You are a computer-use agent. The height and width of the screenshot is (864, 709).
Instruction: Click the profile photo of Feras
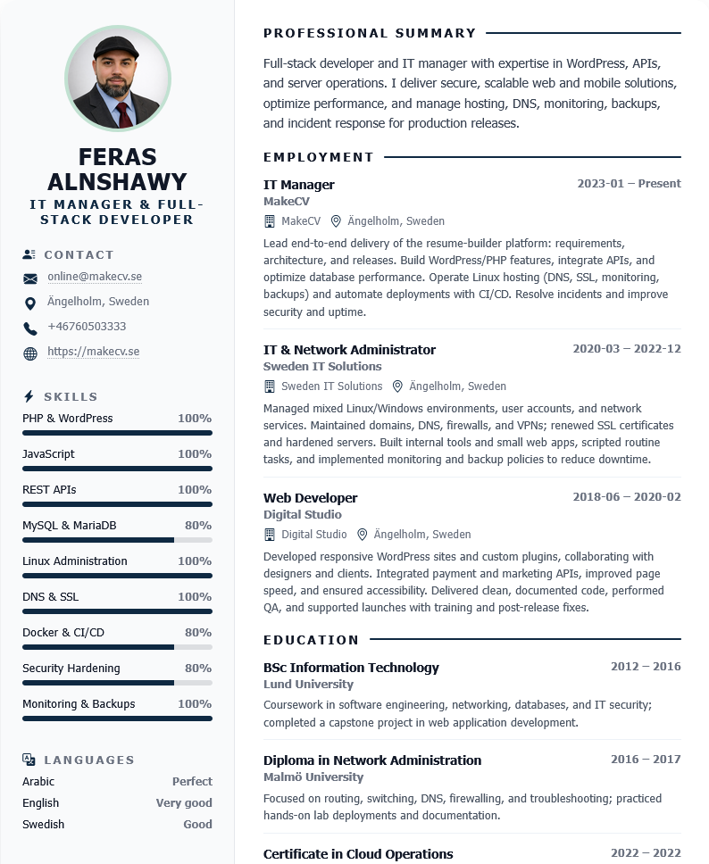(x=118, y=79)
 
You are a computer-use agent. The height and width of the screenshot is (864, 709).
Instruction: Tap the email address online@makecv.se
(x=95, y=277)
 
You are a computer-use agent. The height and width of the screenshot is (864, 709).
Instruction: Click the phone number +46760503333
(x=87, y=327)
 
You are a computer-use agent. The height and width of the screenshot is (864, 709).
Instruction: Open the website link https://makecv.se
(x=93, y=352)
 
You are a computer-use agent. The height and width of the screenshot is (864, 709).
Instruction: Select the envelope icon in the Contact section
(x=30, y=278)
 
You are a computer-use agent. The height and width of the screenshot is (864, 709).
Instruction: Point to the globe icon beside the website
(x=30, y=353)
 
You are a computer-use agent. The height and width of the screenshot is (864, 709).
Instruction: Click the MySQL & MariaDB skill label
(x=69, y=526)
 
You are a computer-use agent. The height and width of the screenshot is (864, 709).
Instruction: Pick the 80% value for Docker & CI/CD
(x=198, y=633)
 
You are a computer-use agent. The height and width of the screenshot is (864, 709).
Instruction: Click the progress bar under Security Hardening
(x=117, y=683)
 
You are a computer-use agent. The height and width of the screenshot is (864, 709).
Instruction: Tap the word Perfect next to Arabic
(x=192, y=782)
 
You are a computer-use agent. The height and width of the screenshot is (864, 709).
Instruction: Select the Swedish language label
(x=43, y=825)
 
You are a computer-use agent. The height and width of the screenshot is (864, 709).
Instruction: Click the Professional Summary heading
(x=370, y=34)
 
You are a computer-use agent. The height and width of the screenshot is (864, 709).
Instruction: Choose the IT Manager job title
(x=298, y=185)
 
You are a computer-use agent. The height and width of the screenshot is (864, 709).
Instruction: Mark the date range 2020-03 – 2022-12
(x=626, y=349)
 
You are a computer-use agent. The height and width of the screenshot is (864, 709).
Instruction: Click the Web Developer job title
(x=310, y=498)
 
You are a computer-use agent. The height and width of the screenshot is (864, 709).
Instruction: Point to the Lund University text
(x=308, y=685)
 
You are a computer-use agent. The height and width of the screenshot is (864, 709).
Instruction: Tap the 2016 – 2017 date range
(x=646, y=760)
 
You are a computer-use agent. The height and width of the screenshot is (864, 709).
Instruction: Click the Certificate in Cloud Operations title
(x=358, y=854)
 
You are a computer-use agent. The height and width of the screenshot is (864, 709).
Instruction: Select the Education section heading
(x=311, y=640)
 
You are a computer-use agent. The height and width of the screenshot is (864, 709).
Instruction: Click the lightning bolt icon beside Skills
(x=29, y=396)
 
